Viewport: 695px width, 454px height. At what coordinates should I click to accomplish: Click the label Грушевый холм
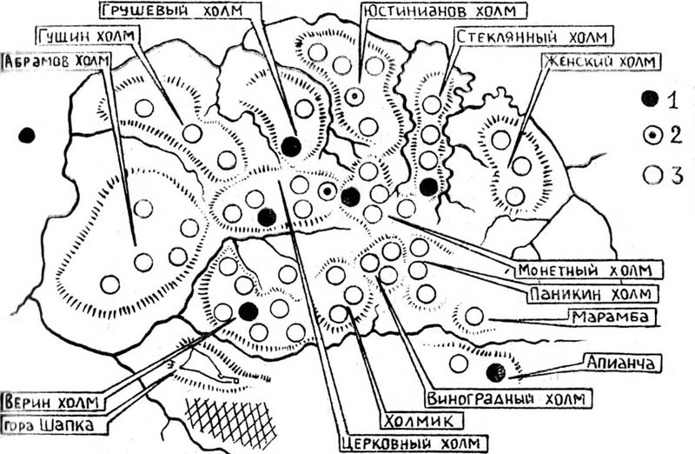[172, 10]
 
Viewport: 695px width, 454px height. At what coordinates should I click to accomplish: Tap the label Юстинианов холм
[440, 10]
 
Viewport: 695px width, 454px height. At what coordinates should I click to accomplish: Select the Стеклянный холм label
[532, 37]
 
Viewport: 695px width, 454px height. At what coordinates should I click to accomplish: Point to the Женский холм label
[600, 61]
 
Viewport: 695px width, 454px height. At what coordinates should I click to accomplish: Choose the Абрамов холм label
[56, 61]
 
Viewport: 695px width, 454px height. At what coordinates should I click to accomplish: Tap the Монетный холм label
[585, 270]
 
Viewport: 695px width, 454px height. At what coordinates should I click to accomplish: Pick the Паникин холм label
[591, 293]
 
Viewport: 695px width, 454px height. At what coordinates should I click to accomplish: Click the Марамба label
[611, 317]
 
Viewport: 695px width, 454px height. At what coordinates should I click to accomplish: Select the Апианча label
[620, 363]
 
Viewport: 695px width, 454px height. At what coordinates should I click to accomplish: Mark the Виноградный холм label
[506, 398]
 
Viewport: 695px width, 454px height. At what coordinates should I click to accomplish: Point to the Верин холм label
[51, 403]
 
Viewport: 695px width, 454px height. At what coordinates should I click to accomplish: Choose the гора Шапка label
[50, 425]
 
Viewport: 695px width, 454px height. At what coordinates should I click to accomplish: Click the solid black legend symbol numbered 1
[650, 98]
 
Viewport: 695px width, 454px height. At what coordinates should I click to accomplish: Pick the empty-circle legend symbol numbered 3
[652, 175]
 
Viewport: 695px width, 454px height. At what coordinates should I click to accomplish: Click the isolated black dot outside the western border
[27, 135]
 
